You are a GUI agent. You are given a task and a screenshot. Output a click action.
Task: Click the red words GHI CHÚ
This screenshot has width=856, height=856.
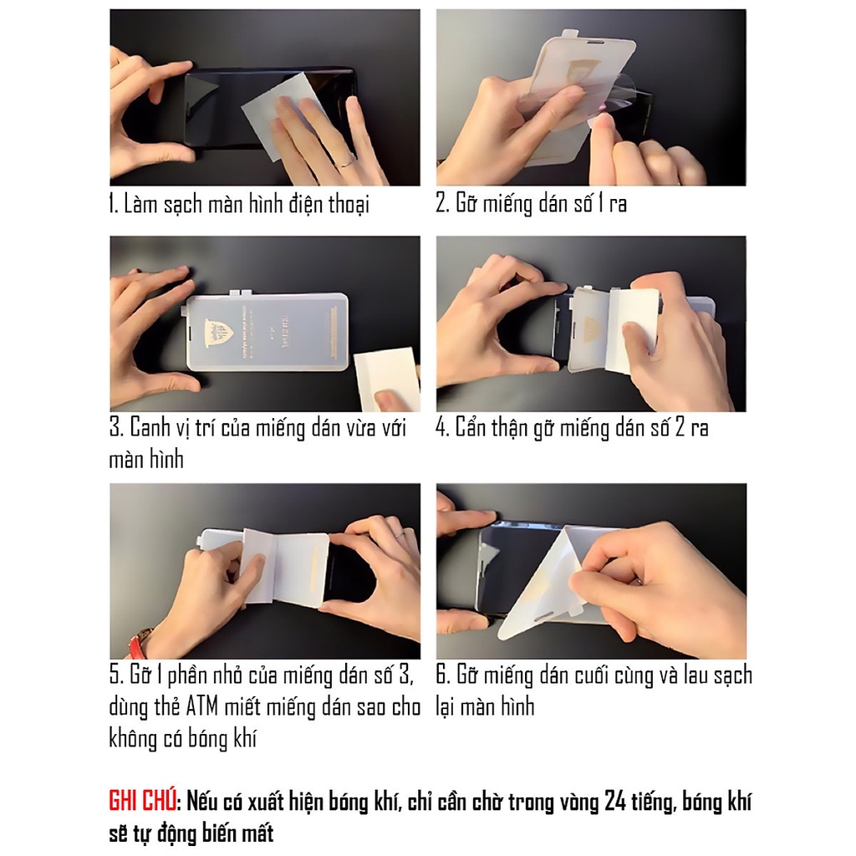click(142, 801)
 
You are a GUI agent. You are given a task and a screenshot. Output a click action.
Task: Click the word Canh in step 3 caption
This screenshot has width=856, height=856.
click(150, 429)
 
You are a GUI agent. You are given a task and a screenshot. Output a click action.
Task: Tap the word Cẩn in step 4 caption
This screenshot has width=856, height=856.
click(475, 428)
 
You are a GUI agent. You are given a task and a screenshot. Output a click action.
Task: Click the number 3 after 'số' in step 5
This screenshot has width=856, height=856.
click(409, 675)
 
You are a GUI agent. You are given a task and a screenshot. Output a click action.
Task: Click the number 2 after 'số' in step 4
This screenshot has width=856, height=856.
click(674, 428)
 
